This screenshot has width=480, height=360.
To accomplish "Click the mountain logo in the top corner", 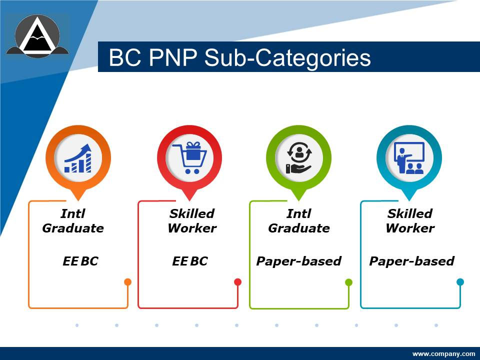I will click(x=37, y=35).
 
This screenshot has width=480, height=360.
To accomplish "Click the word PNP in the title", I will click(x=171, y=58).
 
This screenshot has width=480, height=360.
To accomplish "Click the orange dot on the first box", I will click(x=127, y=282).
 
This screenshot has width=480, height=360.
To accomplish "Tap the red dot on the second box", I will click(x=238, y=282).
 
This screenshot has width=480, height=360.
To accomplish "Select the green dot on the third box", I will click(x=349, y=282).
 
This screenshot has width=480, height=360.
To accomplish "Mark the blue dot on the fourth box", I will click(x=460, y=282).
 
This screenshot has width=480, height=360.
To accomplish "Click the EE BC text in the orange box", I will click(x=80, y=261).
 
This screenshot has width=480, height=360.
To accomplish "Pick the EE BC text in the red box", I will click(x=189, y=261).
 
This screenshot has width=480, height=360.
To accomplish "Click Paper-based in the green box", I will click(x=298, y=261).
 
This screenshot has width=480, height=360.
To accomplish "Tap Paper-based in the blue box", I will click(x=411, y=261).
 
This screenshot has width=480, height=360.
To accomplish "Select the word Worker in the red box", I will click(x=192, y=228).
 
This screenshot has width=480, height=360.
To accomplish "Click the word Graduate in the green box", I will click(x=299, y=228).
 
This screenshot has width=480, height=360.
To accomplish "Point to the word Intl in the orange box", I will click(x=73, y=214).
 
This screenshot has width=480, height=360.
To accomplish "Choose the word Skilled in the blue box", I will click(x=409, y=214).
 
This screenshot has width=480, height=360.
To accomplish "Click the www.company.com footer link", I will click(x=443, y=354).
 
